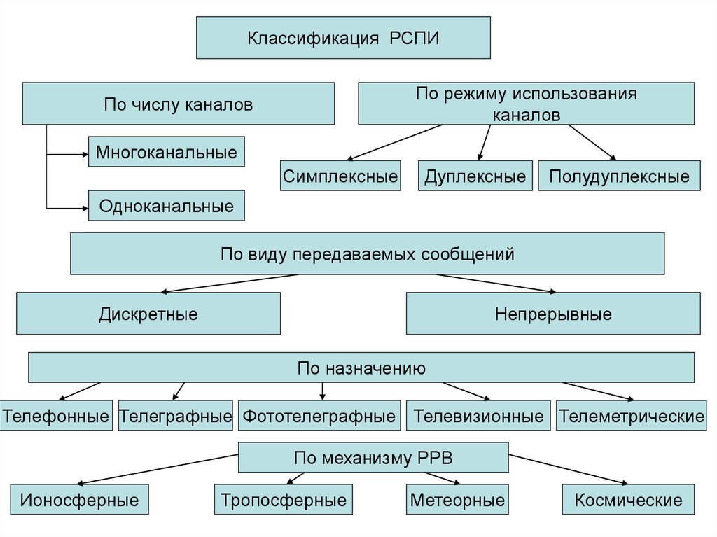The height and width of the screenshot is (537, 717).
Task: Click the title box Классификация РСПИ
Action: click(x=342, y=38)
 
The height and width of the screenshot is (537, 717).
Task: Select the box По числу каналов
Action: click(x=179, y=104)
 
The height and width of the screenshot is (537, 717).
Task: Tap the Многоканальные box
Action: click(x=167, y=151)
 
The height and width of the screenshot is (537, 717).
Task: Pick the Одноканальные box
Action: click(x=167, y=206)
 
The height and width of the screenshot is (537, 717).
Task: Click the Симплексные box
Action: click(x=340, y=176)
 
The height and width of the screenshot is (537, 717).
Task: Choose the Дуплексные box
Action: click(x=475, y=176)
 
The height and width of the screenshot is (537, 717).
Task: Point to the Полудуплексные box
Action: click(x=619, y=176)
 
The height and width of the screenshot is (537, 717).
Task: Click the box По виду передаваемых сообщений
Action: click(x=367, y=253)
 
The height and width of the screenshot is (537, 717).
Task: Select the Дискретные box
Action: click(x=148, y=313)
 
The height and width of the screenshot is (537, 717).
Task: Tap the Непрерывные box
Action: click(x=553, y=313)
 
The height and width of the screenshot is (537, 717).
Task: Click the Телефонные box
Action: click(x=56, y=417)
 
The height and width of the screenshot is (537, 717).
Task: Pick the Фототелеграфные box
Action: click(x=319, y=417)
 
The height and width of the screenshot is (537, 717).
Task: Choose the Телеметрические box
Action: click(x=631, y=417)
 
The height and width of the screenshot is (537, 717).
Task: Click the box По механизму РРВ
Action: click(x=373, y=458)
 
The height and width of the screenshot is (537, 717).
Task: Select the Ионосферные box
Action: click(x=79, y=500)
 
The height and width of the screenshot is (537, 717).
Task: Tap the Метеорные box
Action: click(x=457, y=500)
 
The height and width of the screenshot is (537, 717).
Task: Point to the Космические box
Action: click(x=628, y=500)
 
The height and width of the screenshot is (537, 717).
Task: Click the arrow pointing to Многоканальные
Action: click(x=67, y=152)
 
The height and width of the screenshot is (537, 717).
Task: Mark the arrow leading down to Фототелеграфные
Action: click(x=322, y=391)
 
